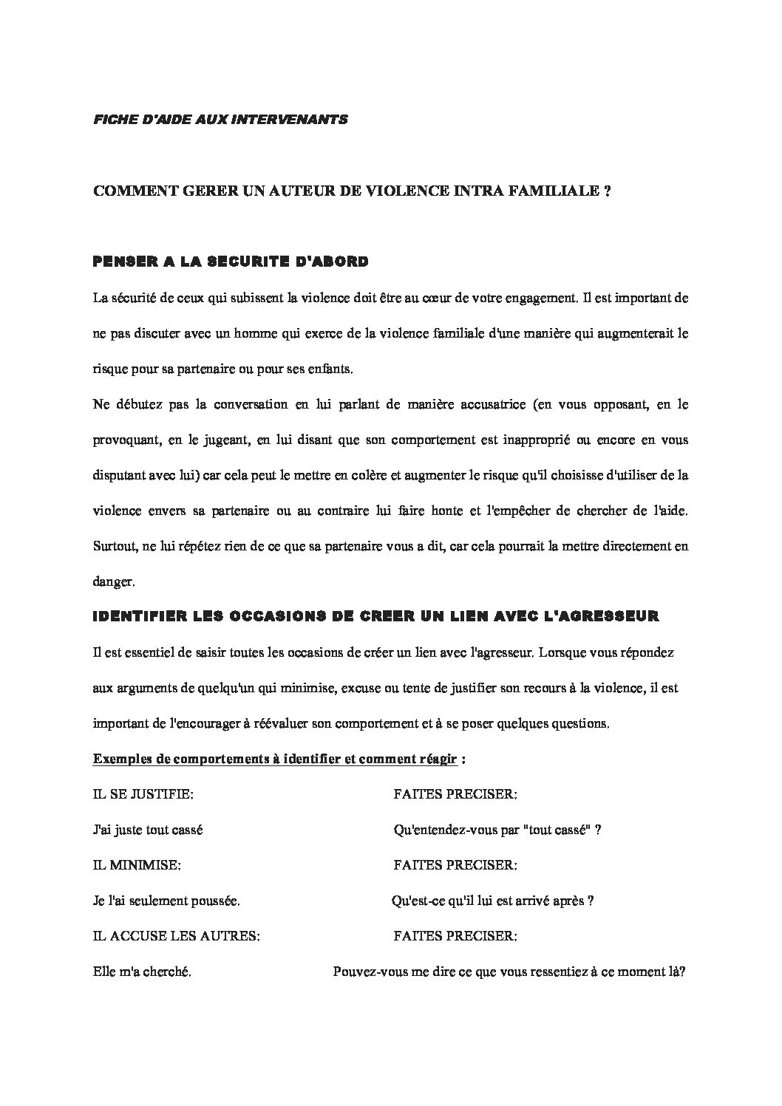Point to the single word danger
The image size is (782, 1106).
112,582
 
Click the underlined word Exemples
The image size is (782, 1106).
118,759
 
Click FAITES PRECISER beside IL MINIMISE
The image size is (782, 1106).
455,865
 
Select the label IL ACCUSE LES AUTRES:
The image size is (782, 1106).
176,937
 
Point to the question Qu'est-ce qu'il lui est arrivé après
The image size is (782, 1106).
492,901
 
